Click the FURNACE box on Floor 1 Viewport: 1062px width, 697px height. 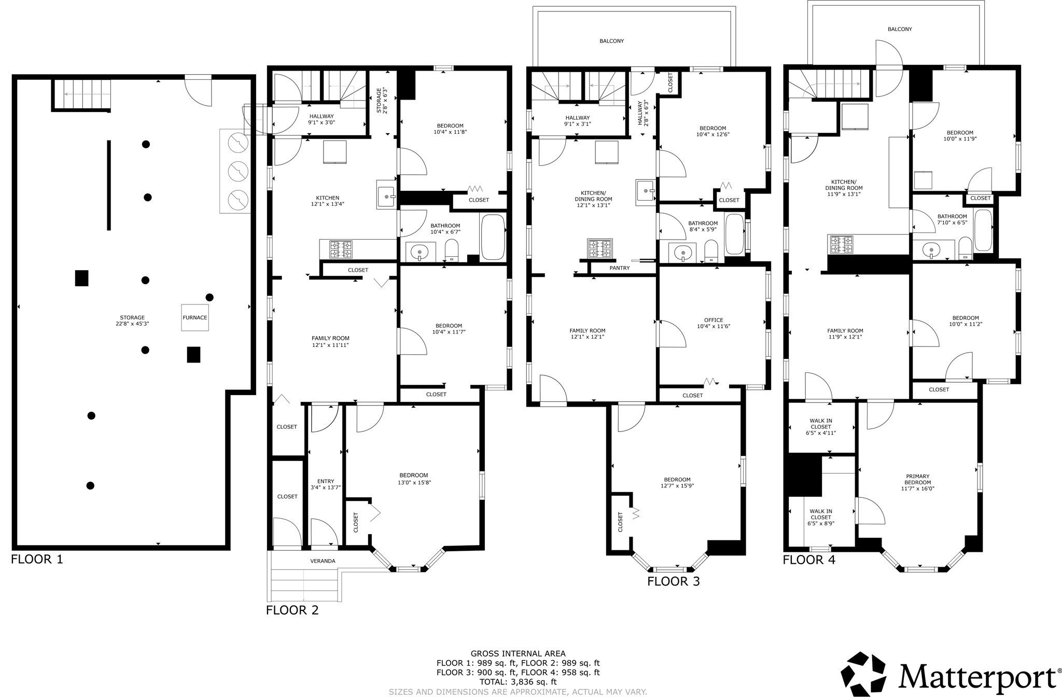tap(195, 317)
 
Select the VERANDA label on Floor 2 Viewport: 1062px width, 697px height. tap(323, 561)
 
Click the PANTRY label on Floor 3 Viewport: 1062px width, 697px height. tap(620, 268)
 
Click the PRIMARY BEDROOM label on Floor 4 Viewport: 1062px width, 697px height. tap(917, 482)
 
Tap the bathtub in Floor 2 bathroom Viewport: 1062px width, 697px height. tap(493, 237)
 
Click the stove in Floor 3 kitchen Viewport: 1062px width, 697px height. tap(599, 248)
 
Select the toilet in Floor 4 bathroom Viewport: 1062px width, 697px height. tap(965, 247)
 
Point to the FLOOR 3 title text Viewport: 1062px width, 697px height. tap(673, 581)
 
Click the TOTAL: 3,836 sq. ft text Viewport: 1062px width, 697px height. tap(518, 682)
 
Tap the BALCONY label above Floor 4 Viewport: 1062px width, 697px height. tap(900, 29)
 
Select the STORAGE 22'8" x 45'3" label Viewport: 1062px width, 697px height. tap(132, 320)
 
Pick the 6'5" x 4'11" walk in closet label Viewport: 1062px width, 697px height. tap(821, 427)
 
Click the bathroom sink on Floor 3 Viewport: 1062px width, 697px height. tap(683, 253)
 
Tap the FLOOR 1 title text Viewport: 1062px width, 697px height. tap(37, 560)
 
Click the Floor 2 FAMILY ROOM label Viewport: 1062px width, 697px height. tap(330, 341)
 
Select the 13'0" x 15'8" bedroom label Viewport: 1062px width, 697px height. tap(414, 479)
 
